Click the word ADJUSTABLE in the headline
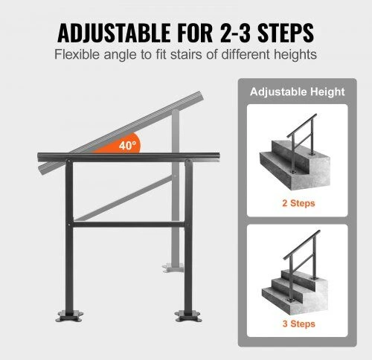114,33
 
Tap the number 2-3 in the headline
235,33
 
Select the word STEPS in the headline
286,33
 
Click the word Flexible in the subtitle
77,54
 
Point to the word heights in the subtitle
295,55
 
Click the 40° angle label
127,146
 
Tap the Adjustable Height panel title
298,92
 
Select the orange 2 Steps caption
298,203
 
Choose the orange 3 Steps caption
299,324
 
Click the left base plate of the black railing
69,316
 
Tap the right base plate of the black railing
188,316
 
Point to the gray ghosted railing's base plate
173,268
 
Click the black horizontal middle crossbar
129,225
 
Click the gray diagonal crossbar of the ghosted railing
124,199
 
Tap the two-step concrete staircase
295,165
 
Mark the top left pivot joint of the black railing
69,161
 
